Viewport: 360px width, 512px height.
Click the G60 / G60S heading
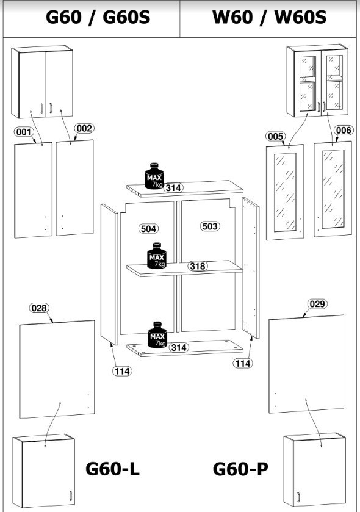click(98, 17)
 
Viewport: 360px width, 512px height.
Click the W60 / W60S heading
click(269, 17)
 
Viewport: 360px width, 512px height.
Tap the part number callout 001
click(24, 132)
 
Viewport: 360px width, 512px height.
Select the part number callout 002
click(84, 128)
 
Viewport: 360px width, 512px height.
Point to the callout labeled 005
click(275, 136)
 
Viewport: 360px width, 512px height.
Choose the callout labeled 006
click(344, 130)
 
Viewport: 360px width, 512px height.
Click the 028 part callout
click(40, 308)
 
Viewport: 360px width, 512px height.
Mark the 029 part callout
click(317, 304)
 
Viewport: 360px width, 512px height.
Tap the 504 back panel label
click(148, 229)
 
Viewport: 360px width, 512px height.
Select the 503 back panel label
click(210, 226)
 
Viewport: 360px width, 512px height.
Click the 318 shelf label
click(198, 266)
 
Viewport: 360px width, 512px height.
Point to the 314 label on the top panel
click(173, 188)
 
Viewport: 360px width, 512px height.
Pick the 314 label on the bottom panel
click(179, 347)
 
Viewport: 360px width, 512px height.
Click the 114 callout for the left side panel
click(122, 371)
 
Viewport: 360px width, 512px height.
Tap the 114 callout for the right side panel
click(243, 363)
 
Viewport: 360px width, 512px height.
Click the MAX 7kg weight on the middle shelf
click(157, 256)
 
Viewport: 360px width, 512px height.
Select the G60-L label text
click(113, 469)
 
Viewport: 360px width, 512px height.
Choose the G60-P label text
click(240, 469)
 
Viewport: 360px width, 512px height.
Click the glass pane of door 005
click(286, 192)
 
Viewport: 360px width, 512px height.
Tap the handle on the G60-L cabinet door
click(70, 495)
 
